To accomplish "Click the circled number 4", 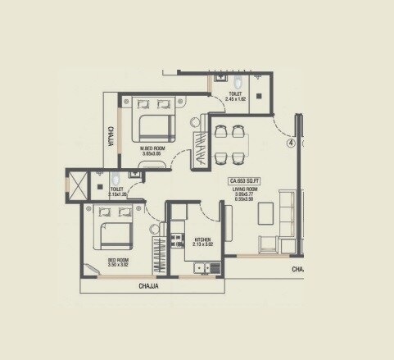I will (291, 141).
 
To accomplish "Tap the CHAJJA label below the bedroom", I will (148, 287).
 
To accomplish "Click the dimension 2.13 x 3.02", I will (195, 244).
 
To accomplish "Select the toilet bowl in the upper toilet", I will (238, 83).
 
